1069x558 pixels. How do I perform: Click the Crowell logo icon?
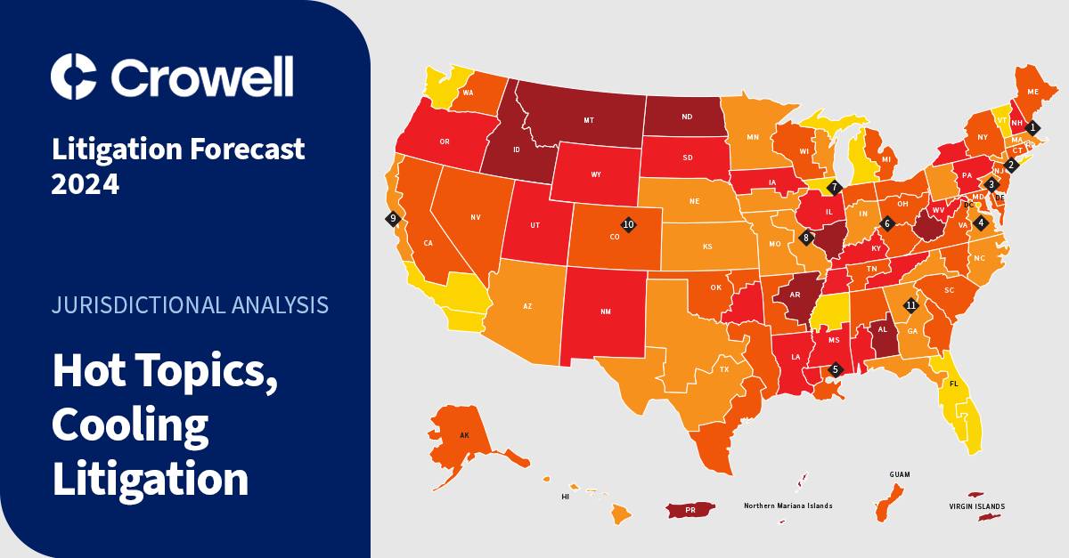click(x=73, y=76)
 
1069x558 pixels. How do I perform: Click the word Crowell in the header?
click(x=201, y=77)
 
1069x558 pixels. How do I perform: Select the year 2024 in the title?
click(x=85, y=184)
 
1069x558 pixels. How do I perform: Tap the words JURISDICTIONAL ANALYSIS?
click(x=191, y=305)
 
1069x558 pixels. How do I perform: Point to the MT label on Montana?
click(x=589, y=119)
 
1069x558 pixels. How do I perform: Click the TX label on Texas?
click(x=724, y=368)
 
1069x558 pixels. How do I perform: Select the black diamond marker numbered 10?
click(x=628, y=225)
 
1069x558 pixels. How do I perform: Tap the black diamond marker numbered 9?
click(x=393, y=217)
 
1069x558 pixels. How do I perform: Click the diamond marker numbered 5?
click(x=835, y=368)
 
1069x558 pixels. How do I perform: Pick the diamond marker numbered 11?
click(x=910, y=305)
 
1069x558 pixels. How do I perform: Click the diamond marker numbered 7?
click(x=834, y=187)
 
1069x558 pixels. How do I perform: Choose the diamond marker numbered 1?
click(x=1032, y=127)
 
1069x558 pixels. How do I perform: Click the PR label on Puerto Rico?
click(x=690, y=511)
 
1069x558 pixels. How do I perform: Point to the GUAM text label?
click(x=900, y=475)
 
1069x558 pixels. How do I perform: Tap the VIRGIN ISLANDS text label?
click(x=977, y=506)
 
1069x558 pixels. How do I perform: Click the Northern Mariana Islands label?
click(x=788, y=505)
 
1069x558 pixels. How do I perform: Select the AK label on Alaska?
click(x=464, y=436)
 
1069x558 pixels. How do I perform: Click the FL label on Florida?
click(x=953, y=384)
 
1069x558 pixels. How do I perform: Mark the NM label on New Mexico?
click(x=605, y=311)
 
